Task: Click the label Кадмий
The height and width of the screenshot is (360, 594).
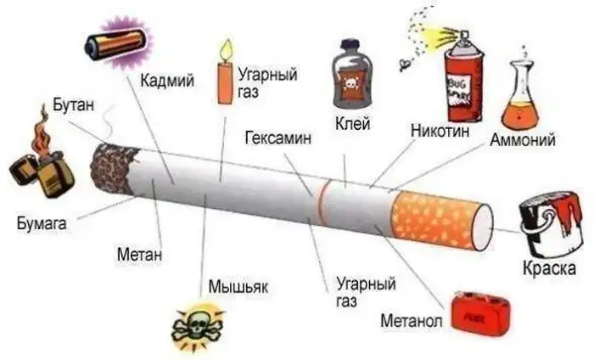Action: pyautogui.click(x=167, y=81)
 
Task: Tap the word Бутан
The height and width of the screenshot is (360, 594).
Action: pyautogui.click(x=74, y=104)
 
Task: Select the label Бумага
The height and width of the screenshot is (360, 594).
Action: pyautogui.click(x=42, y=222)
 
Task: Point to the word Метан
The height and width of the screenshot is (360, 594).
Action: pyautogui.click(x=139, y=254)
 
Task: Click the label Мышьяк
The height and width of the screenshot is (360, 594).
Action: pyautogui.click(x=238, y=286)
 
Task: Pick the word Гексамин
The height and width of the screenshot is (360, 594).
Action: pyautogui.click(x=278, y=138)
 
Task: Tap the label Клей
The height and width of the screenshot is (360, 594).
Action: pyautogui.click(x=353, y=123)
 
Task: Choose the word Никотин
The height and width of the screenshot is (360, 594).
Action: pyautogui.click(x=440, y=131)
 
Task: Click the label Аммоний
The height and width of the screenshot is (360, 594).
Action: pyautogui.click(x=523, y=140)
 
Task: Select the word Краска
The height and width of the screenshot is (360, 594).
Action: pyautogui.click(x=550, y=268)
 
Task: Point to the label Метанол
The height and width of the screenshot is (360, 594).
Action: pyautogui.click(x=412, y=321)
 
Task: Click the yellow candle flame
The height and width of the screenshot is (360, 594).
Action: pyautogui.click(x=227, y=49)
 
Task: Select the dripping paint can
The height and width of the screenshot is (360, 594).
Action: pyautogui.click(x=552, y=224)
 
